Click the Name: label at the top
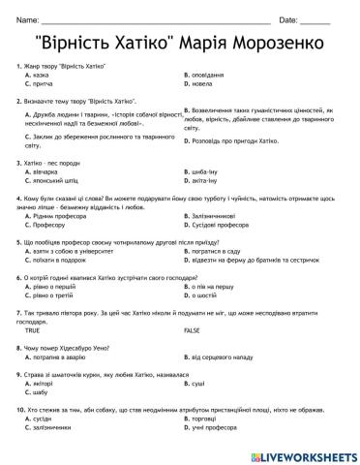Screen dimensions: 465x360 pos(28,19)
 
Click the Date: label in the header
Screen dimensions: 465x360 pos(289,19)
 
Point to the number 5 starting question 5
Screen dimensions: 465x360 pos(18,237)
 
